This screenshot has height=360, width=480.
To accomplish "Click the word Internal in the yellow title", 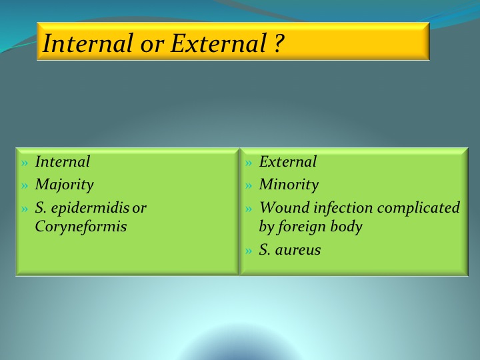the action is [x=88, y=43].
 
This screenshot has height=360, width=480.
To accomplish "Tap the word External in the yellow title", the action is [x=218, y=43].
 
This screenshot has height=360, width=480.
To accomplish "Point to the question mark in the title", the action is [x=278, y=43].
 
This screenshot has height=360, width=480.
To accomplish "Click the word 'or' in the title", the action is [x=152, y=46].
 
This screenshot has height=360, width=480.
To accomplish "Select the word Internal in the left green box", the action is [x=63, y=161].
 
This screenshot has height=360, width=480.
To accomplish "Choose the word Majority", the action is [x=64, y=185].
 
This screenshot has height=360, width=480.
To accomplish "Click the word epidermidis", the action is [x=90, y=209].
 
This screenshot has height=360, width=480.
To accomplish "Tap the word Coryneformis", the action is [x=81, y=227].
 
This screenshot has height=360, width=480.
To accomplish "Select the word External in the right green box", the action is [x=288, y=161].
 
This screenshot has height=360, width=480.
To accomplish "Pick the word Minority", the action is [x=289, y=185].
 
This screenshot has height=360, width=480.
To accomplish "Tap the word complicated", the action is [x=419, y=209].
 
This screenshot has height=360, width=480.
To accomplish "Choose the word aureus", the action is [x=298, y=251].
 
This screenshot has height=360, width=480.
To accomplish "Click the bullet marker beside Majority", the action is [x=25, y=185].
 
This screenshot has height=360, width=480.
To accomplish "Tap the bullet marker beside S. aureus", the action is [x=249, y=251].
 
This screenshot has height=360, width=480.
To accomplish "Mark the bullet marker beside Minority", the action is [x=249, y=185].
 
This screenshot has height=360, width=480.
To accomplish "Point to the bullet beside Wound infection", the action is [x=249, y=209].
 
